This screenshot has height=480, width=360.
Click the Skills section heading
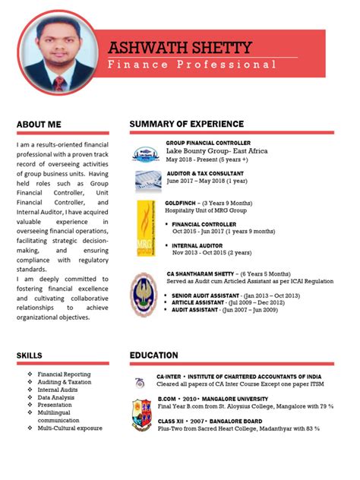[30, 355]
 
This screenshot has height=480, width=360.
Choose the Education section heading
[154, 355]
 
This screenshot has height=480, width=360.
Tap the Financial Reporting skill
[64, 374]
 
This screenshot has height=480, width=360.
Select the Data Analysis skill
[56, 397]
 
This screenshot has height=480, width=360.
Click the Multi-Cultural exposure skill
[70, 428]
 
